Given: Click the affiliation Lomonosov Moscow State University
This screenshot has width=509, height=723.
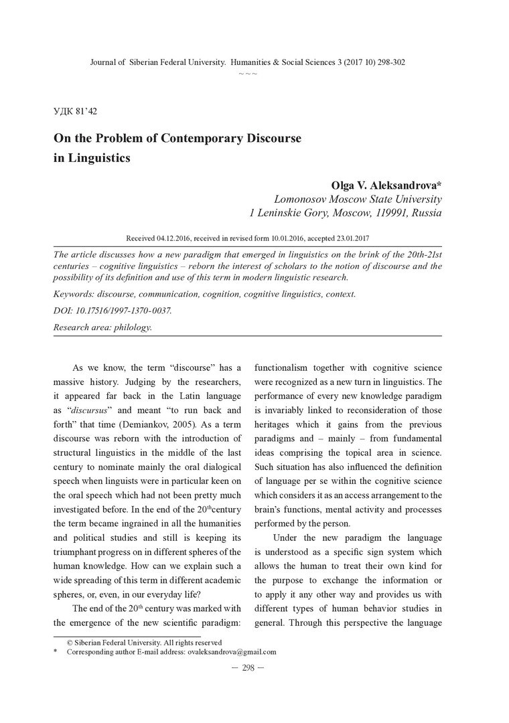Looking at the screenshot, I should [x=358, y=199].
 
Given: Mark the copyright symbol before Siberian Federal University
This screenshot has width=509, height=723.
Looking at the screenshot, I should [x=70, y=642].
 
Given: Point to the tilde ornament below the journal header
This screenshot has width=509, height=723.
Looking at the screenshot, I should [x=248, y=73].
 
